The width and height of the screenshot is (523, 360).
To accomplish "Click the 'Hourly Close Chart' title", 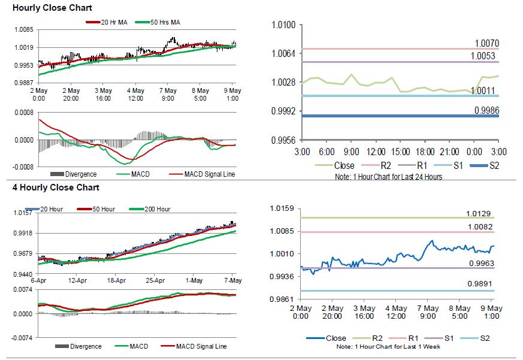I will (52, 8).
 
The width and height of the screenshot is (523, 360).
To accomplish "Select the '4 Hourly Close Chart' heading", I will (56, 187).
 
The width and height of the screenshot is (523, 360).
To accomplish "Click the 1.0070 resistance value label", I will (486, 44).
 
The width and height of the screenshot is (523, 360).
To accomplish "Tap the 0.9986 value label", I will (486, 110).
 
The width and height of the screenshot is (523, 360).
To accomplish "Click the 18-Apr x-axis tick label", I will (116, 280).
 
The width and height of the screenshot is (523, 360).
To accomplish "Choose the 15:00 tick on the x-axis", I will (401, 152).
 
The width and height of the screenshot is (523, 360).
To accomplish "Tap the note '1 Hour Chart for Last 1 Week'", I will (400, 347).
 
